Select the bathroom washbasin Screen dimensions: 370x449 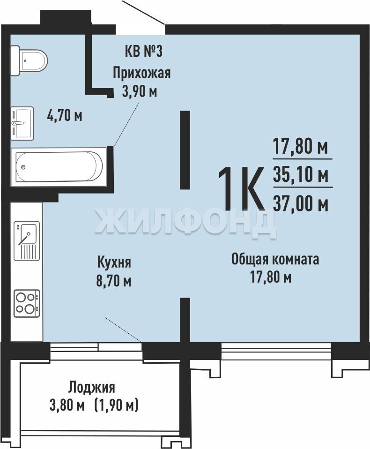(22, 123)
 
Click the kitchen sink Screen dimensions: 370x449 (27, 240)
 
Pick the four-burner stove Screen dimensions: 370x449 (27, 303)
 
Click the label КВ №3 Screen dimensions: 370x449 (144, 52)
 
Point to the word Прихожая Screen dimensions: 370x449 (141, 73)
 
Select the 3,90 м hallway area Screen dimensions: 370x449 (140, 92)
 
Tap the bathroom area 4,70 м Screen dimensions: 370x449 (65, 116)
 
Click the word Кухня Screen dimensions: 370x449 (114, 262)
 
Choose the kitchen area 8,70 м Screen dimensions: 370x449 (114, 281)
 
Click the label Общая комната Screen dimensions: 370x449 (275, 260)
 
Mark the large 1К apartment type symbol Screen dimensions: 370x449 (241, 188)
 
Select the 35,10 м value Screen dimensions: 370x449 (301, 175)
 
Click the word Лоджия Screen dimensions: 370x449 (92, 388)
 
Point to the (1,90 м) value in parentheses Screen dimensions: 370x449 (116, 406)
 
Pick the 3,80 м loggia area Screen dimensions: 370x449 (67, 406)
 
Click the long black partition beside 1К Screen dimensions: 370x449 (185, 150)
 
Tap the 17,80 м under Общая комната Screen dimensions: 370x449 (271, 277)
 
